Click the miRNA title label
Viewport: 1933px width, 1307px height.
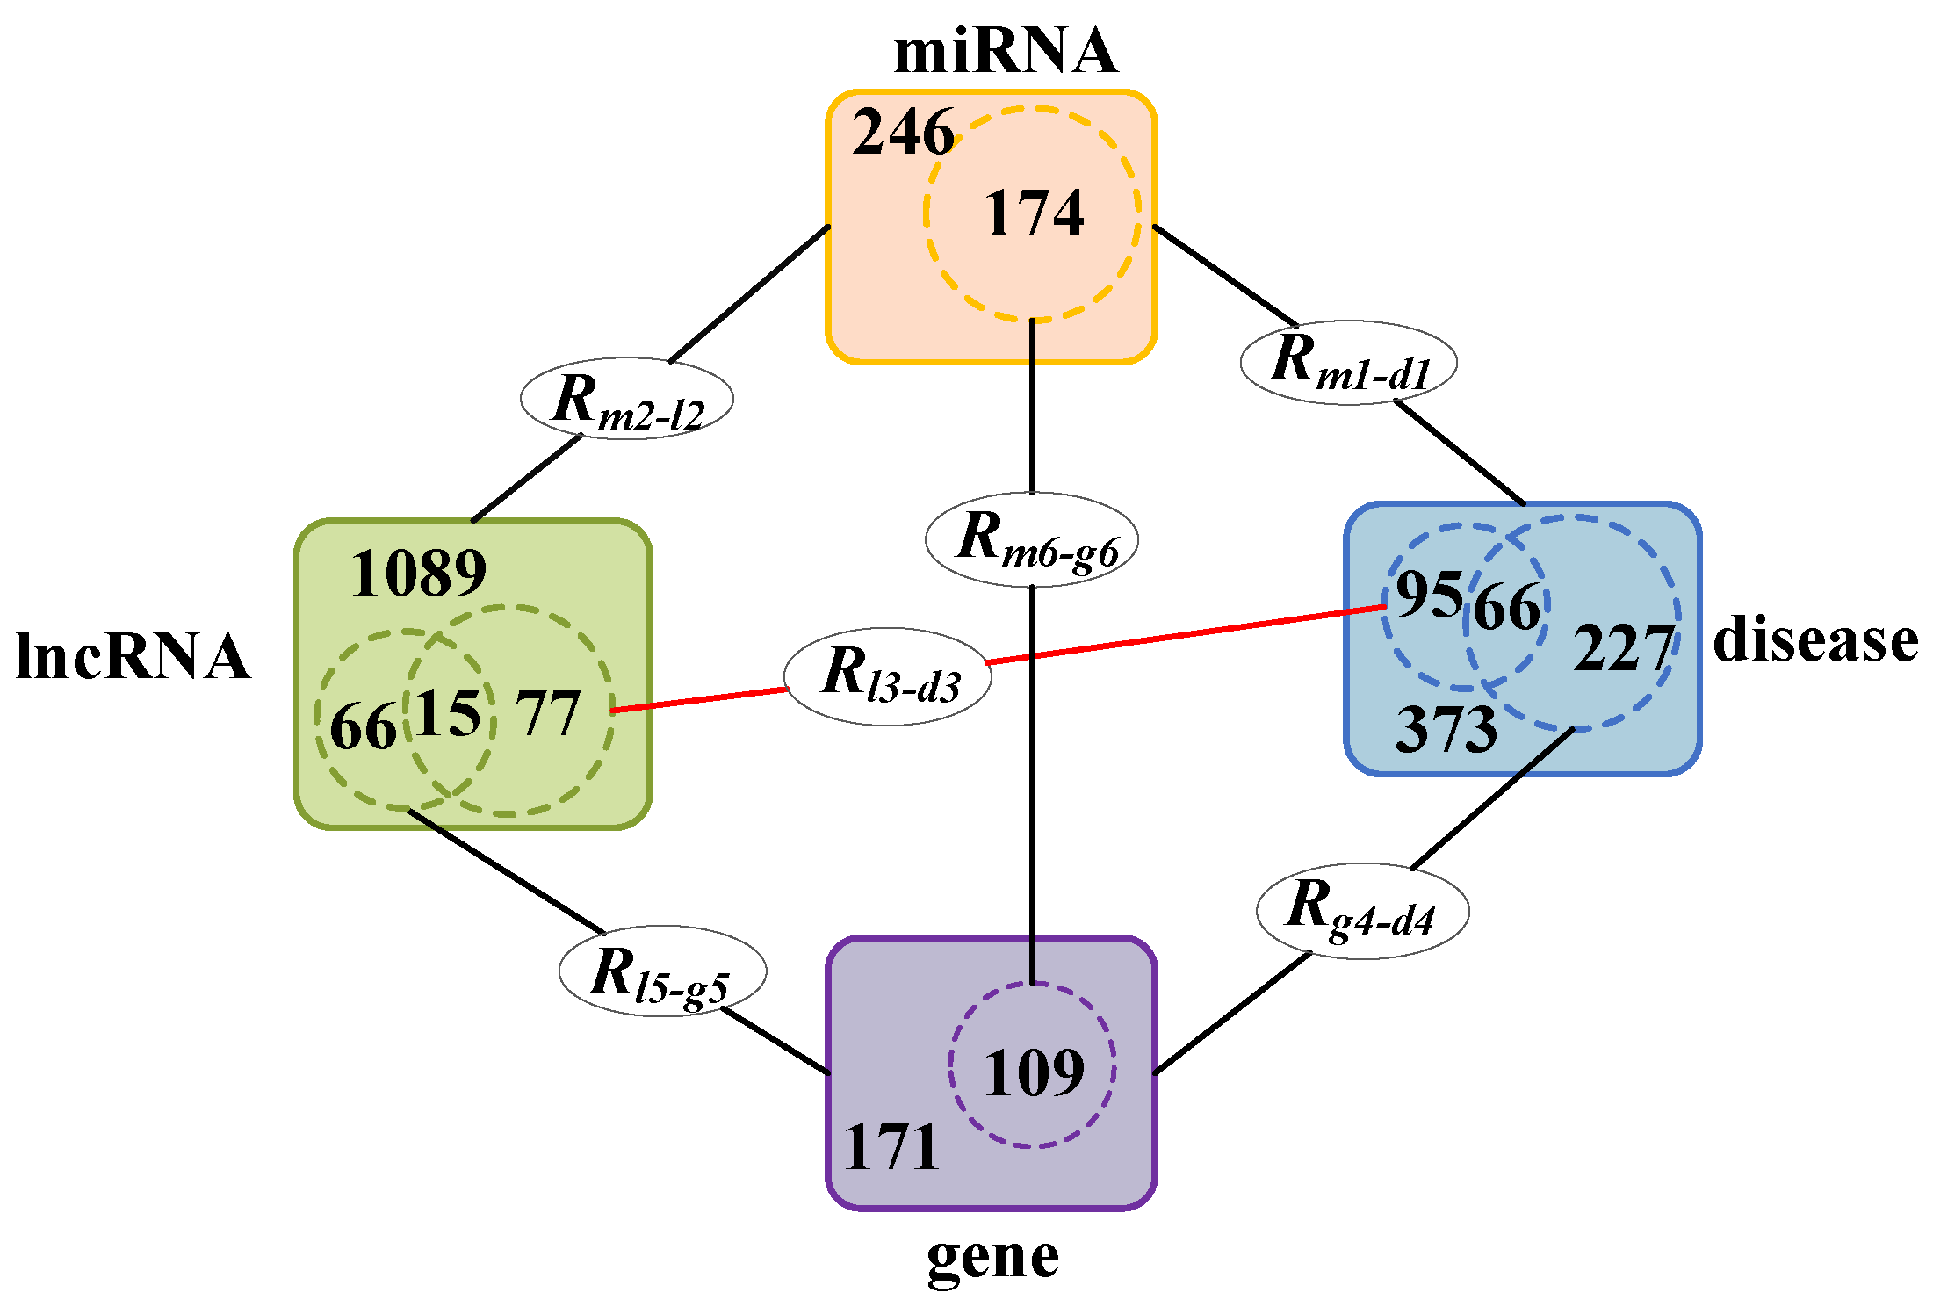tap(1005, 51)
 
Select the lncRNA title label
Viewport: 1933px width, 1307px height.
tap(133, 657)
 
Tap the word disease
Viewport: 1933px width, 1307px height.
tap(1814, 639)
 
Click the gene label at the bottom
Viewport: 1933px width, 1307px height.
tap(992, 1258)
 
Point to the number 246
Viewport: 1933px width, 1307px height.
tap(903, 133)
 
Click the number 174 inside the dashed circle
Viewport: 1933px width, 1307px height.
tap(1034, 214)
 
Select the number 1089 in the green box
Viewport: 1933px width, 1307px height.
tap(418, 574)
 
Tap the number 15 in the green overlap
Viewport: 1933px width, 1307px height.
tap(448, 712)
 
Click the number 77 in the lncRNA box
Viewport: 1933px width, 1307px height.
tap(547, 713)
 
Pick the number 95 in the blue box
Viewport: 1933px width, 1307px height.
tap(1429, 595)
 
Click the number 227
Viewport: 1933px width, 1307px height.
tap(1623, 649)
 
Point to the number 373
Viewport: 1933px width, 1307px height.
tap(1446, 729)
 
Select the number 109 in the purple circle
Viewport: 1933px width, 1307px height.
tap(1034, 1072)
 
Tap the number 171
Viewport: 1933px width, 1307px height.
tap(891, 1147)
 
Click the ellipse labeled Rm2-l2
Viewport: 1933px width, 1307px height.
tap(627, 399)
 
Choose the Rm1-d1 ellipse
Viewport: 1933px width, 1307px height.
tap(1348, 362)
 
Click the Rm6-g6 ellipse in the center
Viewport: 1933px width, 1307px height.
tap(1032, 539)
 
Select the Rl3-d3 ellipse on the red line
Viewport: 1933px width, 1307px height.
tap(888, 676)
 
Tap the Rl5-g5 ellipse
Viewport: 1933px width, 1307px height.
tap(662, 971)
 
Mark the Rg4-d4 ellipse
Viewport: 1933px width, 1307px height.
tap(1362, 911)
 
